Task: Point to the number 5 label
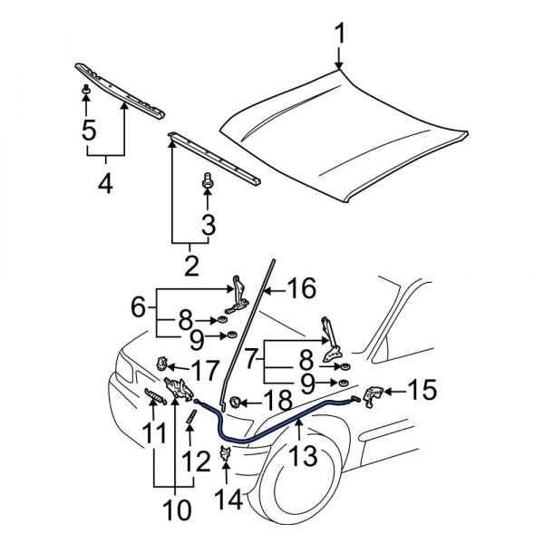(88, 131)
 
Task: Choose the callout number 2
(191, 266)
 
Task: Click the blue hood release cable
(272, 432)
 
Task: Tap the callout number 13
(304, 456)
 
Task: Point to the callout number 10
(179, 510)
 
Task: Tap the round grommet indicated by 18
(235, 401)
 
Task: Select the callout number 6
(138, 307)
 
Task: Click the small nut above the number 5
(85, 92)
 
